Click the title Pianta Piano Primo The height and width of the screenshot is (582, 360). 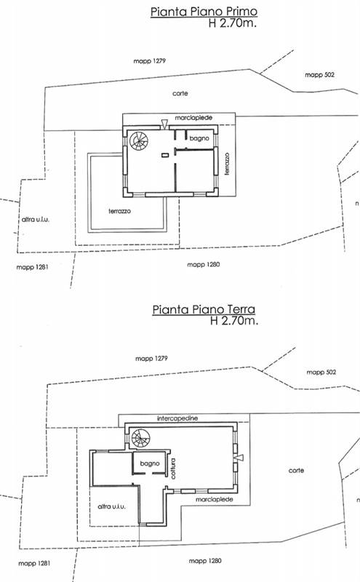click(204, 11)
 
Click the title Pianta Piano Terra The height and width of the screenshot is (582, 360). click(204, 309)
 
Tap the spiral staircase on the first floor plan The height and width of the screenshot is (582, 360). click(139, 140)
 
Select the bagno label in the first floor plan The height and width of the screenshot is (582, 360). click(199, 138)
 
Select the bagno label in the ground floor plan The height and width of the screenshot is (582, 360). click(150, 463)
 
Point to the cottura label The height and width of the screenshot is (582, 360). click(173, 469)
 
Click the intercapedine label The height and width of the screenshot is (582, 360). click(177, 418)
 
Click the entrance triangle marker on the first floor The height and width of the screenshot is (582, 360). click(164, 124)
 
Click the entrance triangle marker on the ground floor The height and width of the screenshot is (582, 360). click(239, 458)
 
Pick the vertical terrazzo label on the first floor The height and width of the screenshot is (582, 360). click(227, 164)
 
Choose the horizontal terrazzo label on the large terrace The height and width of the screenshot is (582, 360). click(119, 211)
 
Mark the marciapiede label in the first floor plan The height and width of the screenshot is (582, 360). click(193, 118)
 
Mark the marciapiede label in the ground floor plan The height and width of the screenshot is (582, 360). click(214, 500)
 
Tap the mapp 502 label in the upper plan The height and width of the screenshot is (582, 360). click(319, 75)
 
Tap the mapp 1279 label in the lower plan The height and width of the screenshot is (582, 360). click(151, 359)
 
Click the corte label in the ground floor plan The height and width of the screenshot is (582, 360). click(296, 470)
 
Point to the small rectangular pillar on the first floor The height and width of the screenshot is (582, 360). click(165, 155)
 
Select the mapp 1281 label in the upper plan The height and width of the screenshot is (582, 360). click(32, 267)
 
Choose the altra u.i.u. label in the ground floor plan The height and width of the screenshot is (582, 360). click(111, 506)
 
